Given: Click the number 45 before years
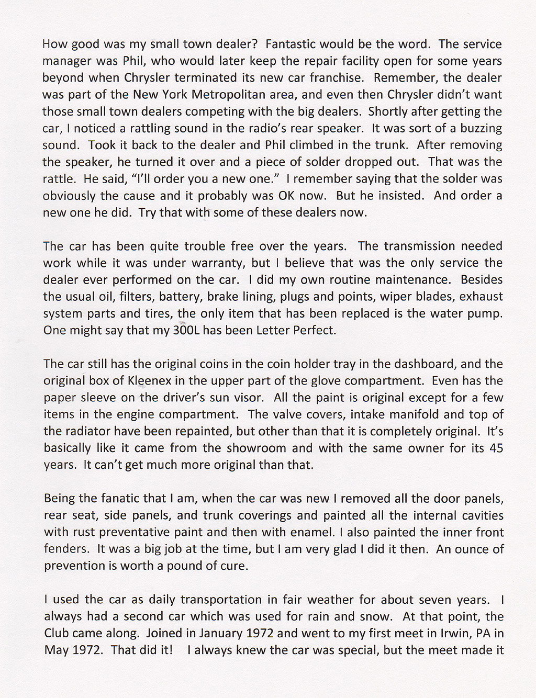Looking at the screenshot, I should (x=496, y=448).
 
